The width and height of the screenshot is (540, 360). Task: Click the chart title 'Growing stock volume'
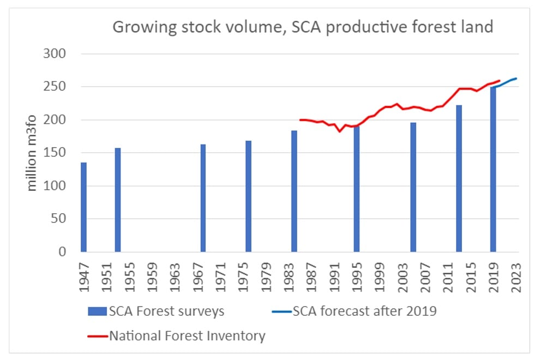303,27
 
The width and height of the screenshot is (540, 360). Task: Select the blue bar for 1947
83,207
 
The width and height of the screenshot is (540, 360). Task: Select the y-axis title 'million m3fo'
33,153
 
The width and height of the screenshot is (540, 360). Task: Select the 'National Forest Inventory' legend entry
177,335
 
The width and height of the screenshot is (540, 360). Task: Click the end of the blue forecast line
516,79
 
